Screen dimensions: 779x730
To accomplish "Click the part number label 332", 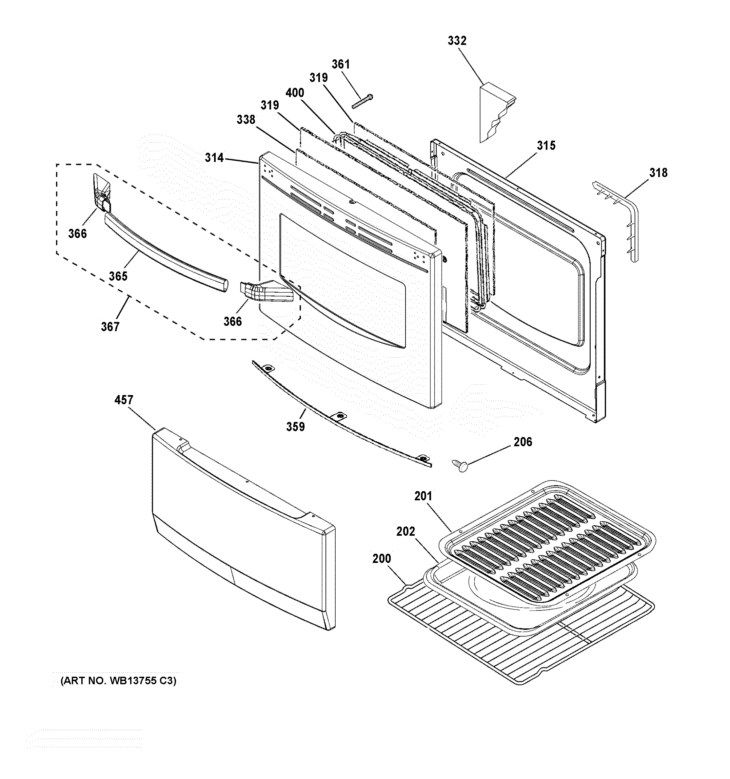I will click(457, 41).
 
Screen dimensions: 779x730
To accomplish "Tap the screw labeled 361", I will click(363, 101).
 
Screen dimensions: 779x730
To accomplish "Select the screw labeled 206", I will click(461, 466).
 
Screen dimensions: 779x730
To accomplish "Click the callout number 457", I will click(124, 400).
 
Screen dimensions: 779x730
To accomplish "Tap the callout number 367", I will click(110, 327).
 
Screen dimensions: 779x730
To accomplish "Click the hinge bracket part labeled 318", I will click(623, 219).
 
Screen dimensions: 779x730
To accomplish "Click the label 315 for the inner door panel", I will click(546, 146).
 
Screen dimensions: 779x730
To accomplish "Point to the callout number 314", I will click(214, 158).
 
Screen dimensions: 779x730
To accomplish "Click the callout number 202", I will click(405, 532).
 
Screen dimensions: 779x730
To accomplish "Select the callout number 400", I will click(295, 93).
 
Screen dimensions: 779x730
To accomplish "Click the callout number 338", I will click(246, 120).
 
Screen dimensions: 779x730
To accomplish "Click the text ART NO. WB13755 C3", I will click(118, 681).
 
